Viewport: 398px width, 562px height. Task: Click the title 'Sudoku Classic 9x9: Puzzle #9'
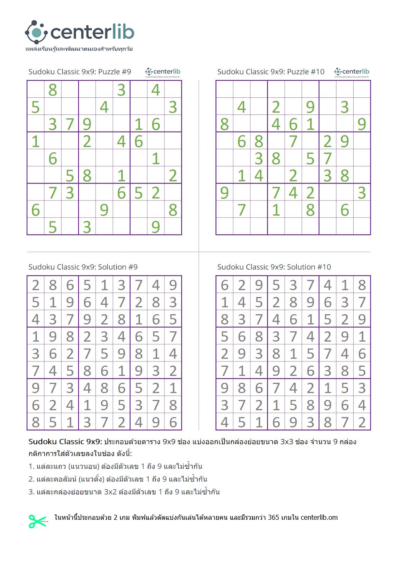80,72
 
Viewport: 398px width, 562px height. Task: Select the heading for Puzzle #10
270,72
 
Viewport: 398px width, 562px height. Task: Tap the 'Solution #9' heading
83,267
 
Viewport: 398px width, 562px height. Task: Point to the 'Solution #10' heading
274,267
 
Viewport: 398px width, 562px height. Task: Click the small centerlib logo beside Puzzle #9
163,72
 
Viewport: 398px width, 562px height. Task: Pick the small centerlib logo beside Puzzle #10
352,72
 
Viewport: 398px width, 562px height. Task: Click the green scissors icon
37,521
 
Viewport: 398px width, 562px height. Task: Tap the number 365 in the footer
273,517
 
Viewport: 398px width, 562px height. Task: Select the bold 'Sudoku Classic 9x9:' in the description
65,442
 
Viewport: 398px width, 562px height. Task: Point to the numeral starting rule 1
31,466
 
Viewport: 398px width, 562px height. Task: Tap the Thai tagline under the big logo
79,49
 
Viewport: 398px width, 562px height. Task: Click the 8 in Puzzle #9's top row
53,90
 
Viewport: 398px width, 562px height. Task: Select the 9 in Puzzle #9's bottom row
156,227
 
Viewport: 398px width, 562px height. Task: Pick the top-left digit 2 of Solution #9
36,285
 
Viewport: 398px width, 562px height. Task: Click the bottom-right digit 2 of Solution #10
362,422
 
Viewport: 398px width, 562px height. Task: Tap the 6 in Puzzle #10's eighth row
344,210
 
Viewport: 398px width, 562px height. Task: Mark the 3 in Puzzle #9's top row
121,90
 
